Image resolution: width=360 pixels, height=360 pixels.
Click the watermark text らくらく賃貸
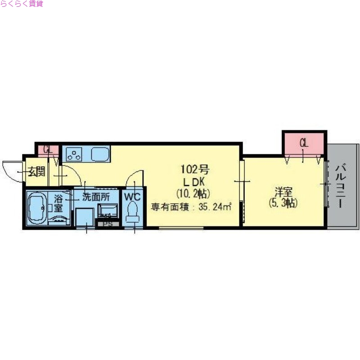(22, 4)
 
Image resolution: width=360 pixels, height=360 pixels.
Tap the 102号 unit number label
(195, 170)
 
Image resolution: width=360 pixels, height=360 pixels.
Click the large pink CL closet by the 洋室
(304, 144)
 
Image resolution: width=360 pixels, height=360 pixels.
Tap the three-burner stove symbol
(74, 154)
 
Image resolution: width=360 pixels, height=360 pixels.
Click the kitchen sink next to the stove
(100, 154)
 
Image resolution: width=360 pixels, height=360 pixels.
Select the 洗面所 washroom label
(95, 197)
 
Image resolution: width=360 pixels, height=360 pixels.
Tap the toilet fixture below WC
(133, 212)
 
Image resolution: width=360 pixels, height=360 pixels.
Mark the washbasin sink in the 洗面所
(108, 210)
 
